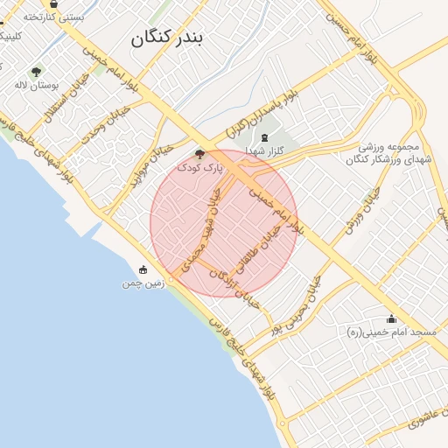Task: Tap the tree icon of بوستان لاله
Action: [x=35, y=72]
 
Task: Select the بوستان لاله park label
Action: [x=35, y=87]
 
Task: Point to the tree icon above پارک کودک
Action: [x=199, y=153]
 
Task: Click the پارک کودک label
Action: [x=200, y=166]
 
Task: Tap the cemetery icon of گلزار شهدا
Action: [x=264, y=137]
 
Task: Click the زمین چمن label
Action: [x=143, y=284]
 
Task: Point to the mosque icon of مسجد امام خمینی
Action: [x=390, y=318]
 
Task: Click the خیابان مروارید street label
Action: [x=144, y=165]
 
